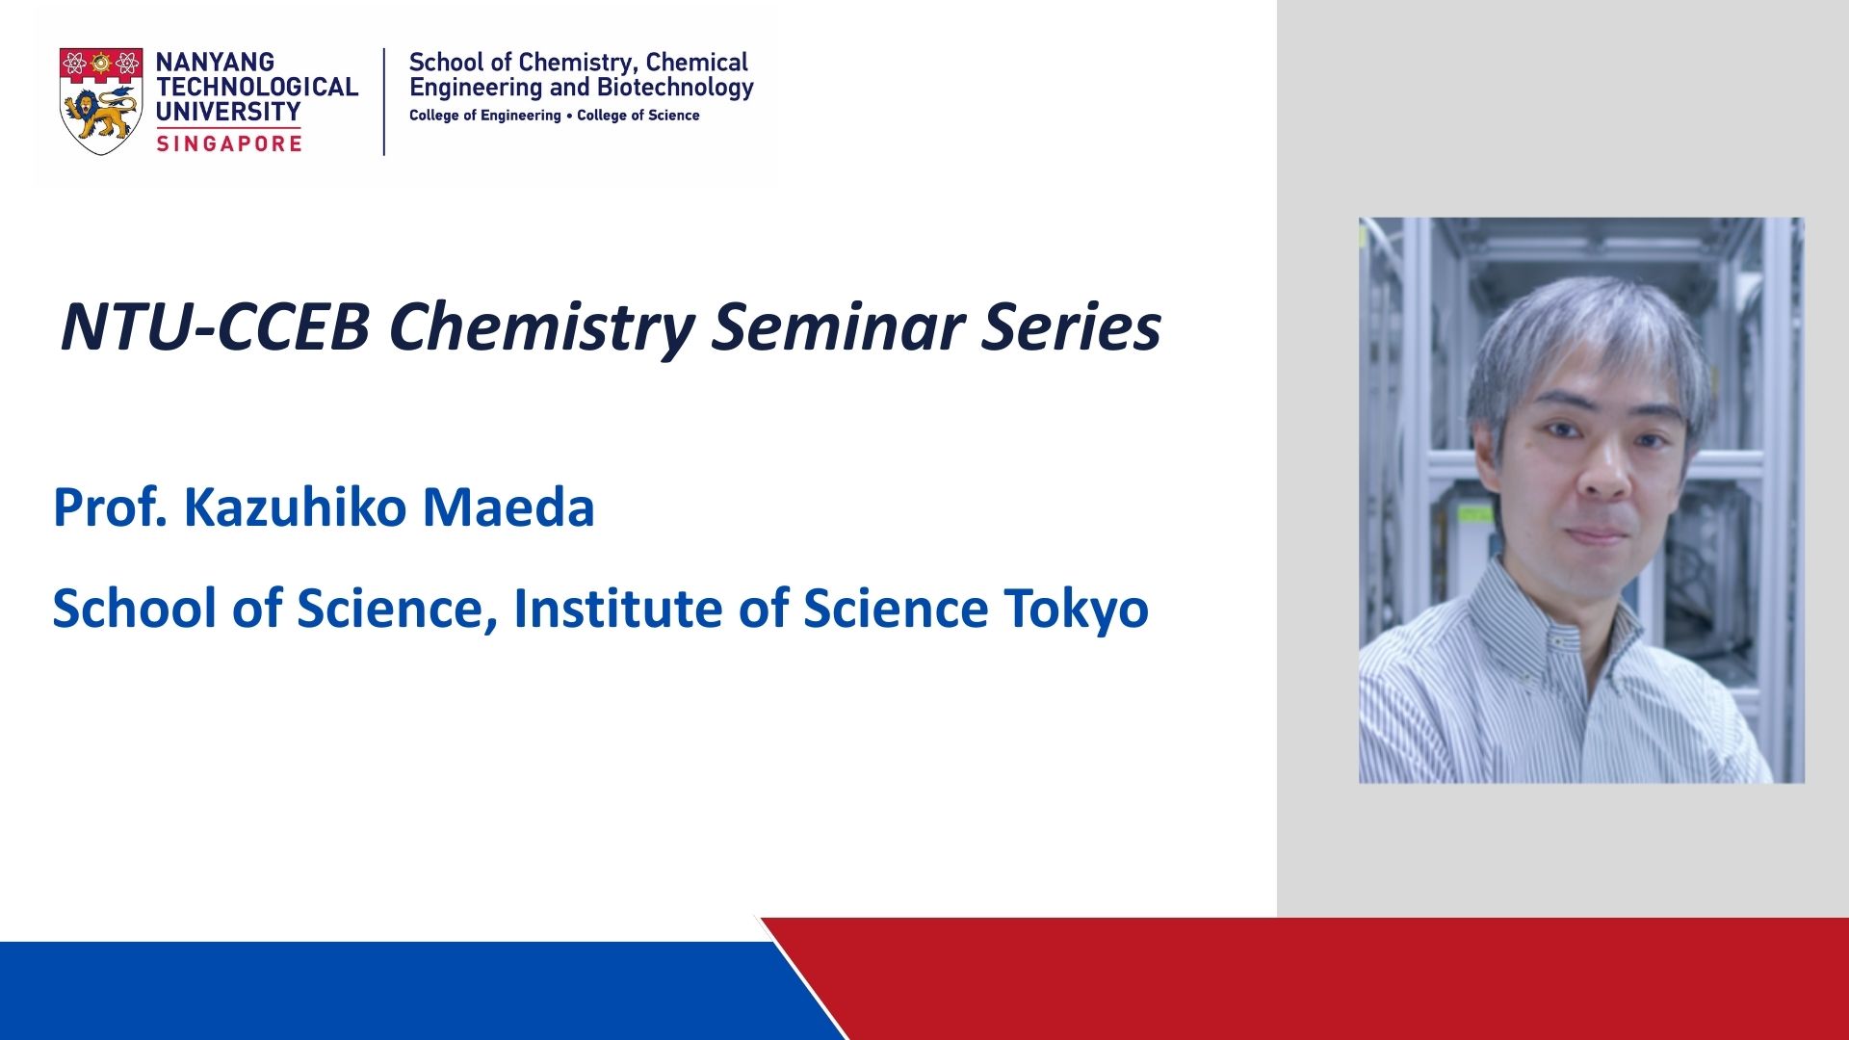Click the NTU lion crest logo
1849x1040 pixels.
point(101,101)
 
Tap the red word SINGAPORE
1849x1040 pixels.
point(229,143)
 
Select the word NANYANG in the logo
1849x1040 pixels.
point(215,62)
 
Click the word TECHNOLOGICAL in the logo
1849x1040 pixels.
point(257,87)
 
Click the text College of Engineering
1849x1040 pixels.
point(485,116)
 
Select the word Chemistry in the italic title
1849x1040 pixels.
point(541,328)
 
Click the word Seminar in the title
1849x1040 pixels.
point(838,326)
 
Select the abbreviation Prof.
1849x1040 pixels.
point(110,507)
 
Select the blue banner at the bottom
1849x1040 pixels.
point(404,991)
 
